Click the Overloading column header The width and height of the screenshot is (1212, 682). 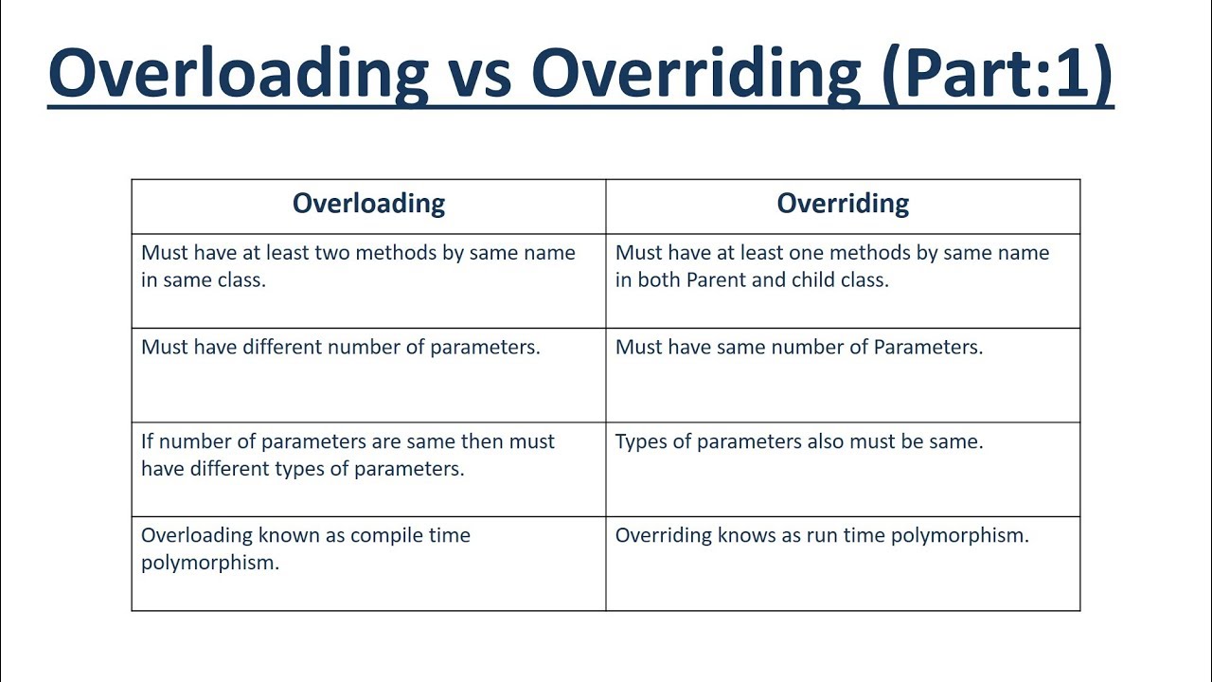point(368,204)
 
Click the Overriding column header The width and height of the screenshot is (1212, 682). point(843,204)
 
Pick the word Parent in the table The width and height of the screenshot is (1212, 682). point(716,280)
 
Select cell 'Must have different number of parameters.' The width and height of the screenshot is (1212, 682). point(341,347)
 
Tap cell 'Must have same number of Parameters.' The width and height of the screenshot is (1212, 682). point(799,347)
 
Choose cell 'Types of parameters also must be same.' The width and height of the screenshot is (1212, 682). point(799,441)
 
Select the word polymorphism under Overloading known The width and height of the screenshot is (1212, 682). point(210,563)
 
